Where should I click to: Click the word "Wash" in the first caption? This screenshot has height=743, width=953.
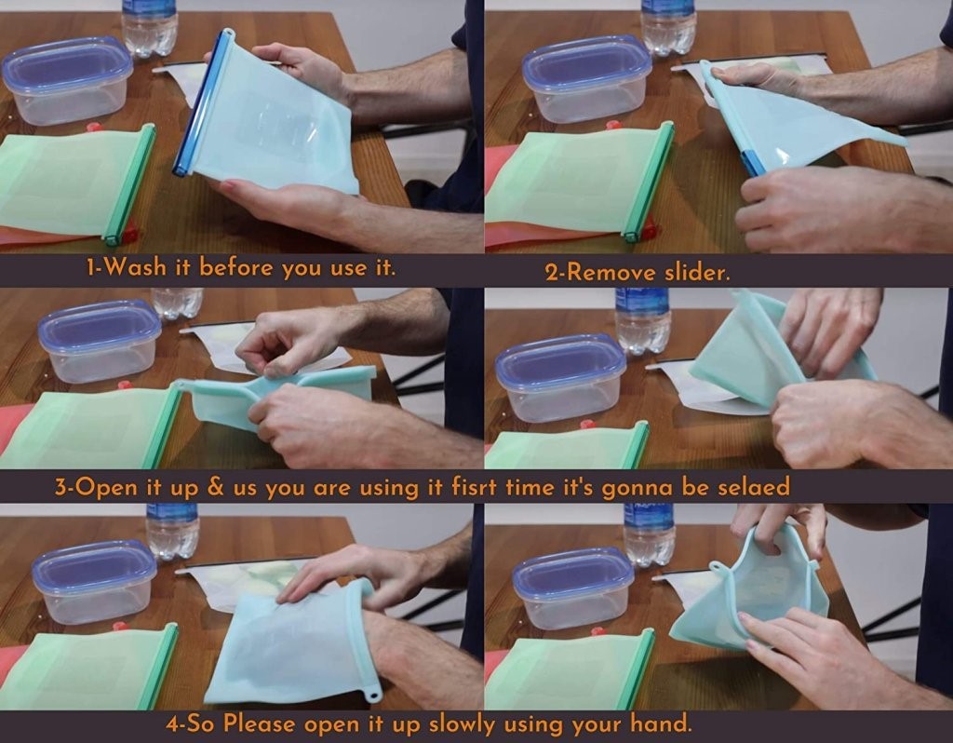pos(135,267)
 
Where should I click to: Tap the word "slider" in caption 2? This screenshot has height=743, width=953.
pos(697,272)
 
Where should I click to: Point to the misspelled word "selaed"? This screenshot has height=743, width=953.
pos(754,487)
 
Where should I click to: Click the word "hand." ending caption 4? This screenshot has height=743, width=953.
pos(662,723)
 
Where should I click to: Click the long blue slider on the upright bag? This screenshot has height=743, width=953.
pos(202,102)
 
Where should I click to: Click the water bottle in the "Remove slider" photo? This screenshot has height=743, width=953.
pos(668,27)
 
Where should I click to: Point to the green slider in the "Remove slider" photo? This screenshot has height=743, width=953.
pos(649,181)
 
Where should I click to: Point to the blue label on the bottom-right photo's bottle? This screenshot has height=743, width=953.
pos(649,514)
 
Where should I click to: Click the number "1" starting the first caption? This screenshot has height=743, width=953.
pos(91,267)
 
